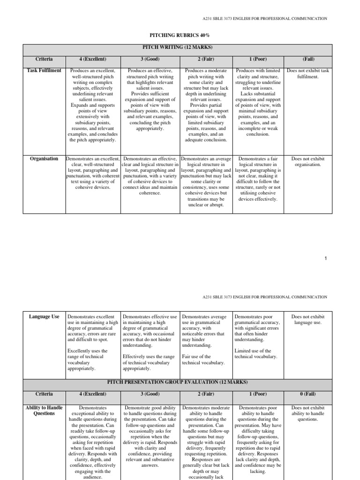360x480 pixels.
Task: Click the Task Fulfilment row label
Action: (45, 71)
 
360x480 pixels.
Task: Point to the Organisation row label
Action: (45, 159)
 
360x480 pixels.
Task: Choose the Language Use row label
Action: (45, 317)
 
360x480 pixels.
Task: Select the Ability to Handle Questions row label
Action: (45, 411)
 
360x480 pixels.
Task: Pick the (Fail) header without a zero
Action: (308, 60)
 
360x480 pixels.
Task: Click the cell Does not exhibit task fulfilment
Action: (308, 74)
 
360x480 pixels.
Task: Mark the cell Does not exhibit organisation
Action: (308, 162)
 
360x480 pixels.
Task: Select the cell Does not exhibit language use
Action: (308, 320)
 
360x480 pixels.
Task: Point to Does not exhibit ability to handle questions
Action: (308, 413)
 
